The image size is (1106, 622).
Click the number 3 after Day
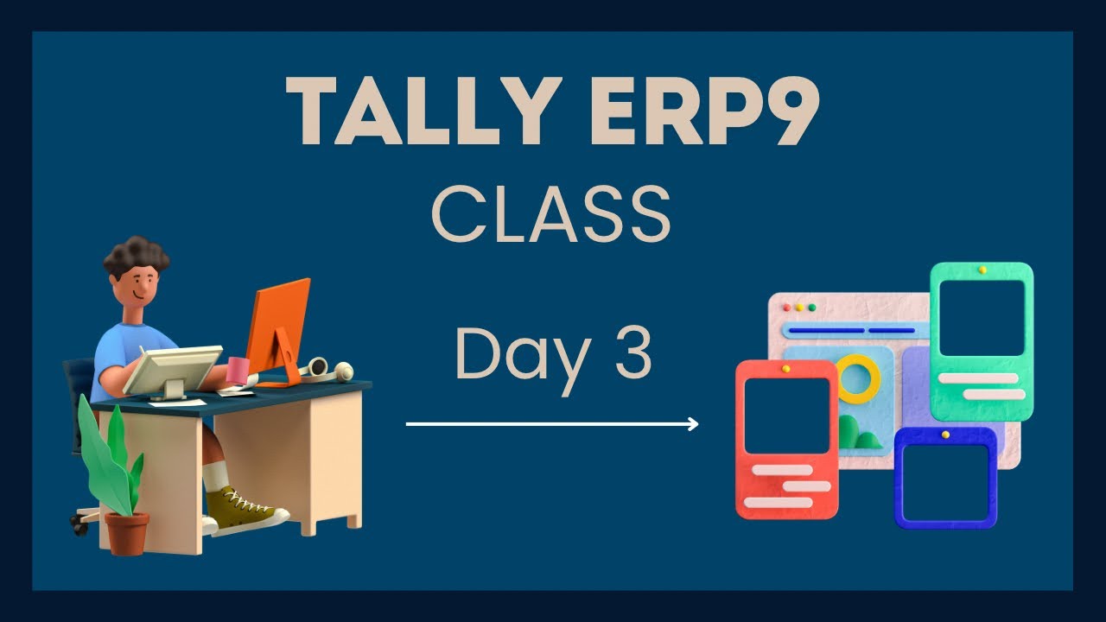coord(632,354)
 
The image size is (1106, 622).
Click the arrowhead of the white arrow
coord(692,424)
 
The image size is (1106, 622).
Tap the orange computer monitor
coord(278,324)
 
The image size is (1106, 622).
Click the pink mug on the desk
coord(238,370)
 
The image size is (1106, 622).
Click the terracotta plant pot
coord(127,531)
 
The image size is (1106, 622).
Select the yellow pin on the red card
coord(786,369)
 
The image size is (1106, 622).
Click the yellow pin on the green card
coord(982,270)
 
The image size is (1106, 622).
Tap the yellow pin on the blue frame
coord(945,435)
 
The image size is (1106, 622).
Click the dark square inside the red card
coord(786,416)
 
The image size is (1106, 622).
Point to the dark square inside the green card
coord(981,318)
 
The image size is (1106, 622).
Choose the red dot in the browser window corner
coord(787,307)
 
